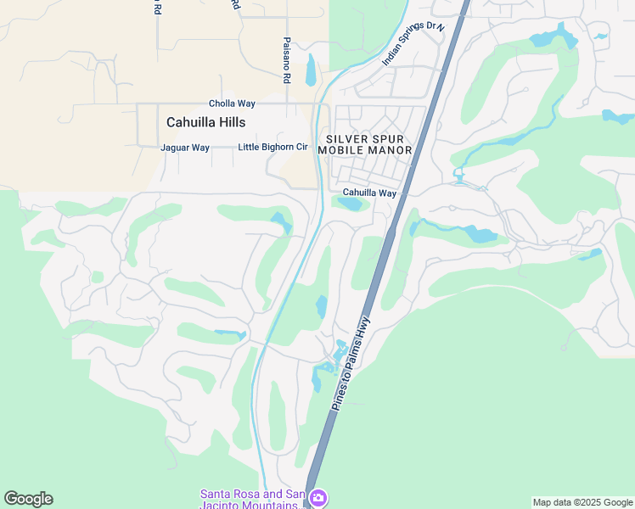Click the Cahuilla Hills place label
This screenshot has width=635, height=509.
(205, 122)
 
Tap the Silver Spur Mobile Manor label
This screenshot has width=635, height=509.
(364, 144)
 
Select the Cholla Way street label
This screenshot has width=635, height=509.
(233, 103)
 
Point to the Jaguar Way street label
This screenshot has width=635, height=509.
(184, 148)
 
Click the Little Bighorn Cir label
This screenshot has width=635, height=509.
(273, 147)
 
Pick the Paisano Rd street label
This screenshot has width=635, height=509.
(287, 59)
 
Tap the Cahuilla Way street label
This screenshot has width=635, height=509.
(369, 193)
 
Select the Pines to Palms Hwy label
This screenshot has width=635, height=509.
(352, 363)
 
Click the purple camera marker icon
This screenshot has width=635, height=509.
(317, 497)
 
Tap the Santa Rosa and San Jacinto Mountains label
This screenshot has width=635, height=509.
(251, 499)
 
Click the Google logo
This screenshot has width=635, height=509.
(28, 499)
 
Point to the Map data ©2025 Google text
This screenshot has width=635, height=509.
(582, 502)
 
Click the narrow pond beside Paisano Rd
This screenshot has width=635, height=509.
(311, 70)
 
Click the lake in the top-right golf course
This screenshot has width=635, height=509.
(552, 36)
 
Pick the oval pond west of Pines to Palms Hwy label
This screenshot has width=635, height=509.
(321, 306)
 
